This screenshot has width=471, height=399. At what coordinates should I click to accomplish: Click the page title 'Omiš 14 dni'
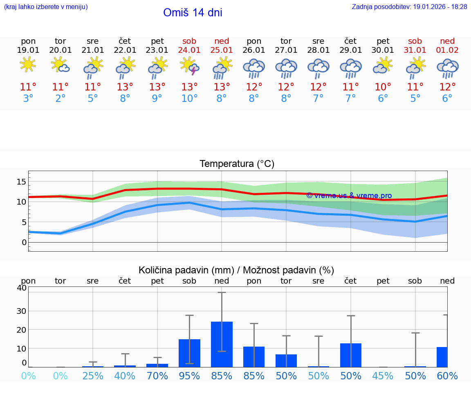(193, 13)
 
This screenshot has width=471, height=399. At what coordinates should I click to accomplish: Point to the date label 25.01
(222, 50)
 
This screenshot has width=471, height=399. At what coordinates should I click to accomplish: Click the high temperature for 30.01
(383, 87)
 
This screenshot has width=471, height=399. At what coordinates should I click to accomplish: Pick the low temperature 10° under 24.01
(190, 99)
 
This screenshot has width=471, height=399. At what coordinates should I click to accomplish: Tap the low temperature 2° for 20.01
(61, 99)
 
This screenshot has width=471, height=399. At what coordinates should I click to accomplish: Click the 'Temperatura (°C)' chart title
(237, 164)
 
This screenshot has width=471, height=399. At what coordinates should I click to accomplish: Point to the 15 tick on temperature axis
(21, 181)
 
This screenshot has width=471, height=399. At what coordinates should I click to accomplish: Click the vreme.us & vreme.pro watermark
(349, 196)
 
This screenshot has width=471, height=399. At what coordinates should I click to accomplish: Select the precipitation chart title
(236, 270)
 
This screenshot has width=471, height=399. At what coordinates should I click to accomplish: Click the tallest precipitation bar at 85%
(222, 344)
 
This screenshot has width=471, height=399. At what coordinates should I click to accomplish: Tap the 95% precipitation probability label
(190, 376)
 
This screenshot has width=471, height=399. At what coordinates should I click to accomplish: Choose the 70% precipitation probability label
(157, 376)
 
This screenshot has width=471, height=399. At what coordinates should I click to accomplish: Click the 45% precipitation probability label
(383, 376)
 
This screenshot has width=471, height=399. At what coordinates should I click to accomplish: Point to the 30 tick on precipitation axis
(21, 311)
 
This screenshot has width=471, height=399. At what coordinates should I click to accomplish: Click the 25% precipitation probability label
(93, 376)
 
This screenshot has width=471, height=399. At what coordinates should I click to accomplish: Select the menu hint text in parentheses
(46, 7)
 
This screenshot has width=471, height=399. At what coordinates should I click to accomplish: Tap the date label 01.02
(447, 50)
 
